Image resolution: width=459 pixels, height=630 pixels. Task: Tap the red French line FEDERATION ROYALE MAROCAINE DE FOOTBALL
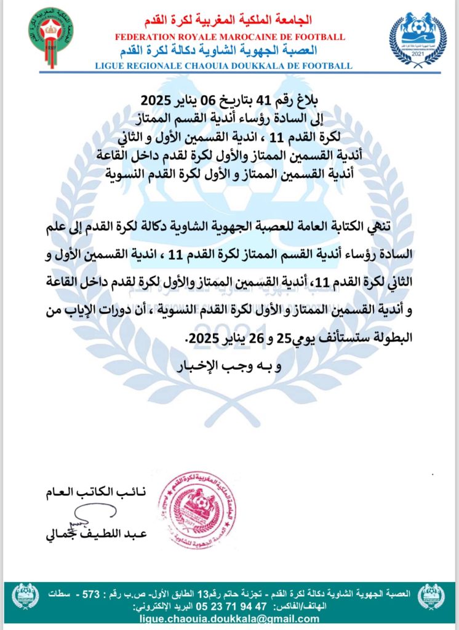(229, 38)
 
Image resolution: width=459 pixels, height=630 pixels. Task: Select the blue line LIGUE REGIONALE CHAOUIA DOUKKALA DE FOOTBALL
(229, 65)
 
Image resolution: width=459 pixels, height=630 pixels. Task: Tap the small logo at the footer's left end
(26, 596)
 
